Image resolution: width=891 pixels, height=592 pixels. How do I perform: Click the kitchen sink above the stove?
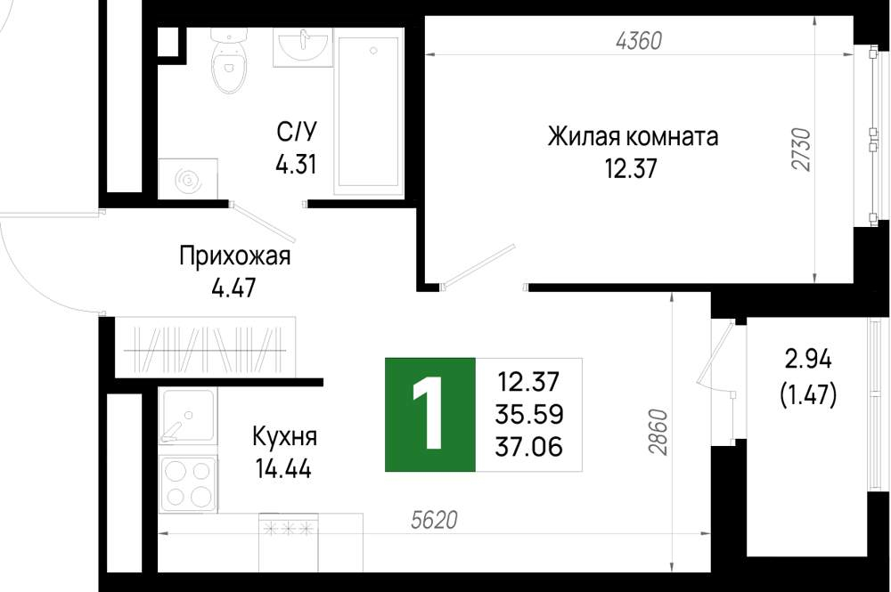(187, 416)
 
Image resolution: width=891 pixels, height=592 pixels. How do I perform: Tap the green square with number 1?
(430, 415)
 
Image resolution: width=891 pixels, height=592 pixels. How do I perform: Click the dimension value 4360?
(639, 41)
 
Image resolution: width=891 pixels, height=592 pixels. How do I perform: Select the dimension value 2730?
(802, 150)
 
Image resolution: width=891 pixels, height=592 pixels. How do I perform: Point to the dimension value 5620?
(434, 519)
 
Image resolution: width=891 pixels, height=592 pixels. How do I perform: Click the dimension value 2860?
(658, 432)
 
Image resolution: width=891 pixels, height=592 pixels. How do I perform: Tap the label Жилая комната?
(633, 137)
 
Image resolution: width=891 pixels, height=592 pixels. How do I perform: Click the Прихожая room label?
(234, 256)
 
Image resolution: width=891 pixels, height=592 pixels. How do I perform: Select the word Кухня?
(285, 438)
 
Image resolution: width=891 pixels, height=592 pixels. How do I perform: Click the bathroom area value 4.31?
(296, 165)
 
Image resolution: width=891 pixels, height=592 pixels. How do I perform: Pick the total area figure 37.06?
(529, 446)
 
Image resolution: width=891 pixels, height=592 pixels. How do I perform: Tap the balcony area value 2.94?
(808, 360)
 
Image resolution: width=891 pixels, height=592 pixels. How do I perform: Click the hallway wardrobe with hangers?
(205, 347)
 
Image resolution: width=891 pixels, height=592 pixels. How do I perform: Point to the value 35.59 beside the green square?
(529, 414)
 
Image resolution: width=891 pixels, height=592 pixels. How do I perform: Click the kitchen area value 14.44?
(283, 469)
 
